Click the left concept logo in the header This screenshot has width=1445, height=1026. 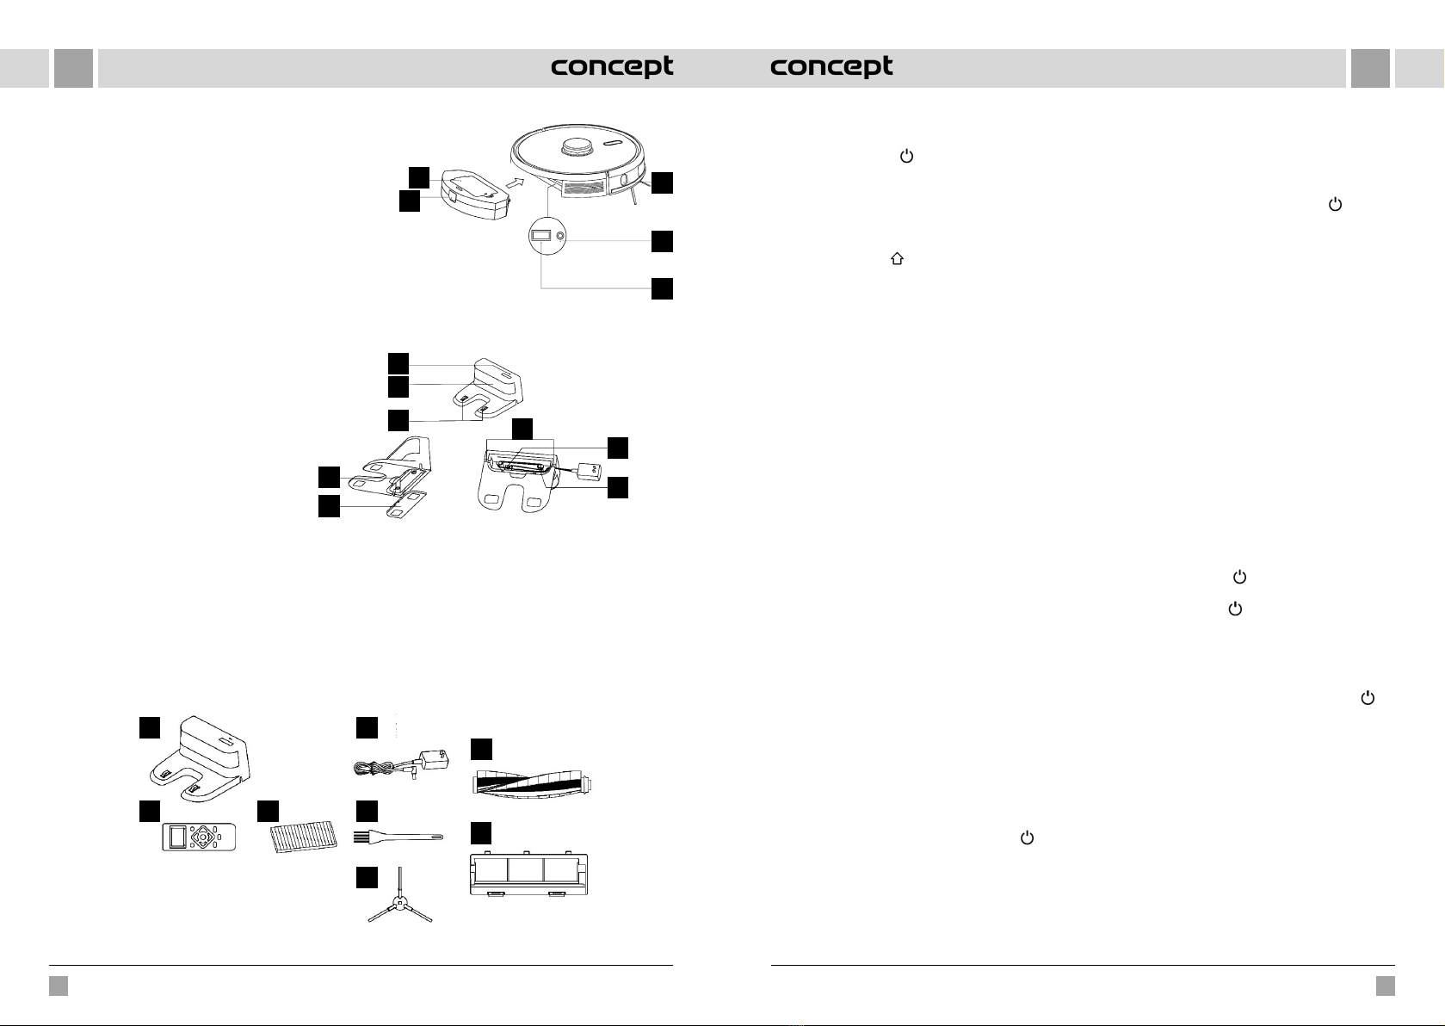point(612,67)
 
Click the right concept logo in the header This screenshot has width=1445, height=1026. point(831,67)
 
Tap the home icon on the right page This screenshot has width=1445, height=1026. point(897,258)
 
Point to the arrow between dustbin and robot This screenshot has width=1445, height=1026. point(515,182)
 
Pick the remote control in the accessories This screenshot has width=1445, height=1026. point(199,837)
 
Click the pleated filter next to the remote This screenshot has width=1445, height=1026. point(299,835)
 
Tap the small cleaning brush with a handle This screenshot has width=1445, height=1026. point(398,836)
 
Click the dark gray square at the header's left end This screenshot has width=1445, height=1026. point(73,68)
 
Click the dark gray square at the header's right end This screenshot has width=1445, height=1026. point(1370,68)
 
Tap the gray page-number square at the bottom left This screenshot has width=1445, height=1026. point(59,986)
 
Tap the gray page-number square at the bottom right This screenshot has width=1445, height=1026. point(1385,986)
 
